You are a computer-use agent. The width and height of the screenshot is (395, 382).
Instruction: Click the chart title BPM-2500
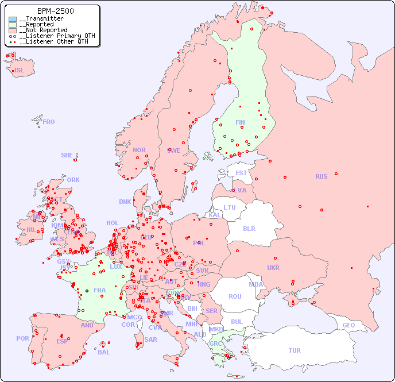pyautogui.click(x=55, y=11)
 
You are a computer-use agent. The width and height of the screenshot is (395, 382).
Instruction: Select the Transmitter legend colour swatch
pyautogui.click(x=13, y=19)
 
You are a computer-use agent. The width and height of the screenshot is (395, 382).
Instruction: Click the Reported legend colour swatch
pyautogui.click(x=13, y=25)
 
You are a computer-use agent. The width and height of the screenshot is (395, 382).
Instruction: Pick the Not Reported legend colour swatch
pyautogui.click(x=13, y=30)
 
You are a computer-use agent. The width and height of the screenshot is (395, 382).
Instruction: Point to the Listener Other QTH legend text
pyautogui.click(x=53, y=41)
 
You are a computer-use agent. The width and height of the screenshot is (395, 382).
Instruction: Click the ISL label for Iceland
pyautogui.click(x=20, y=71)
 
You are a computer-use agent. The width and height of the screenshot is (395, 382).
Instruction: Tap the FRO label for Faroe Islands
pyautogui.click(x=49, y=122)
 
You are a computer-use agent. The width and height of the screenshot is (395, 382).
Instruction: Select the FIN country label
pyautogui.click(x=240, y=122)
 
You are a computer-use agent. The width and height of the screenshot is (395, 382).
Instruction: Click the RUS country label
pyautogui.click(x=321, y=176)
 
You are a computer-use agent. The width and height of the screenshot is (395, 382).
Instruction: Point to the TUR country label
pyautogui.click(x=295, y=350)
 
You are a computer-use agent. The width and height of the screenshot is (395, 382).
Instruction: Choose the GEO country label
pyautogui.click(x=348, y=325)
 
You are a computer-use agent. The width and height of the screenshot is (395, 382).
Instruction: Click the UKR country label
pyautogui.click(x=273, y=268)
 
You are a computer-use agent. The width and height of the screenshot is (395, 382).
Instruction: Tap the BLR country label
pyautogui.click(x=249, y=228)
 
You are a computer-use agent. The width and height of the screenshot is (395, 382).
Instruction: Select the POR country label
pyautogui.click(x=22, y=338)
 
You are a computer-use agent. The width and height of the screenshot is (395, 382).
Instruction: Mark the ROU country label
pyautogui.click(x=235, y=296)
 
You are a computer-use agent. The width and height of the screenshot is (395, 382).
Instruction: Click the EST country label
pyautogui.click(x=241, y=173)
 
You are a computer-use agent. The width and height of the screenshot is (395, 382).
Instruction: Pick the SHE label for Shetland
pyautogui.click(x=67, y=155)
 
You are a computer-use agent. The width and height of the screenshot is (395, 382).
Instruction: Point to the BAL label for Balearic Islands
pyautogui.click(x=104, y=352)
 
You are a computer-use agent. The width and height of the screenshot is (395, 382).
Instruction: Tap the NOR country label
pyautogui.click(x=139, y=150)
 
